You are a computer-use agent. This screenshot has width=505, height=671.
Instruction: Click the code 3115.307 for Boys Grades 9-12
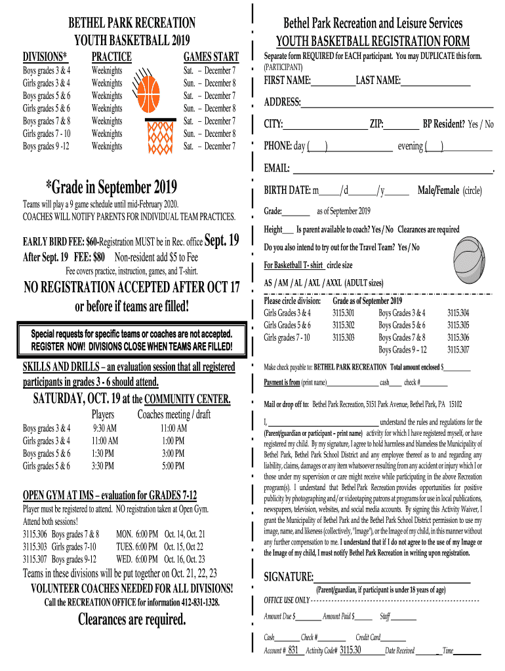pyautogui.click(x=458, y=350)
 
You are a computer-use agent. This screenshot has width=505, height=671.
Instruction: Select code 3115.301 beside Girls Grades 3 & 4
pyautogui.click(x=343, y=313)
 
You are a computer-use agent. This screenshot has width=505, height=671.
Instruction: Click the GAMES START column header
pyautogui.click(x=211, y=56)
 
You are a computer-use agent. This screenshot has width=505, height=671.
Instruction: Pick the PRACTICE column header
pyautogui.click(x=111, y=56)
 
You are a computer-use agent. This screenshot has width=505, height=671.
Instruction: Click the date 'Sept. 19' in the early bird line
pyautogui.click(x=222, y=240)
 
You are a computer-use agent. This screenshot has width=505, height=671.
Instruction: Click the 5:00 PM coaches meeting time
pyautogui.click(x=174, y=466)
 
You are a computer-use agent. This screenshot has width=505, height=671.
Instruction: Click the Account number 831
pyautogui.click(x=293, y=650)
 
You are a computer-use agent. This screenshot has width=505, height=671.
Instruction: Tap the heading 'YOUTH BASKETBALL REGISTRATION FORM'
pyautogui.click(x=373, y=41)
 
